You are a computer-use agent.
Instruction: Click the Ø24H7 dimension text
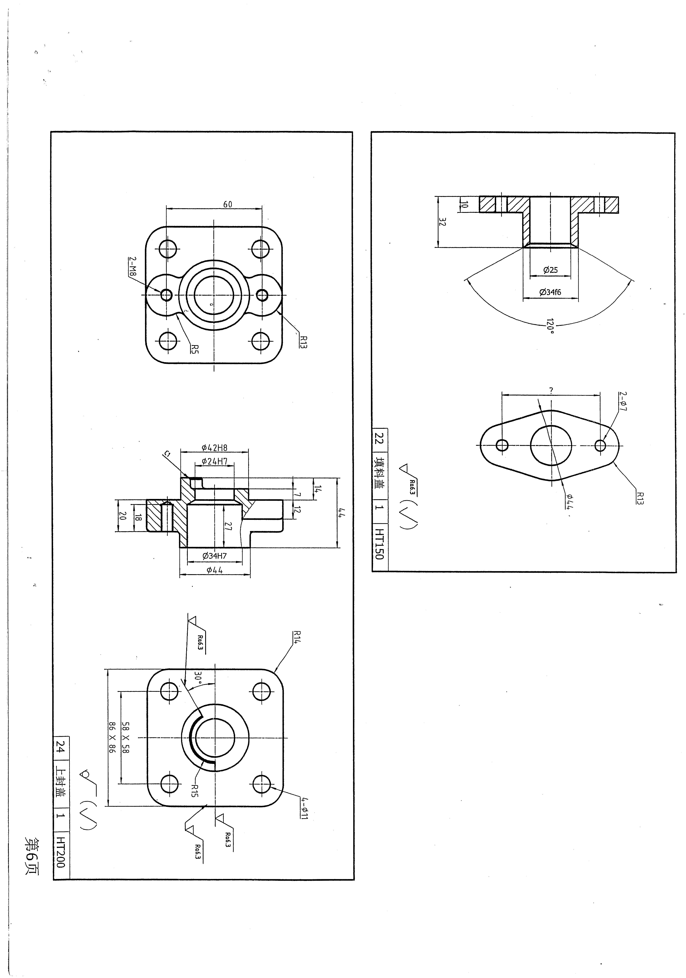click(215, 461)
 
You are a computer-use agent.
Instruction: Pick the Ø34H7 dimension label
click(215, 556)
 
